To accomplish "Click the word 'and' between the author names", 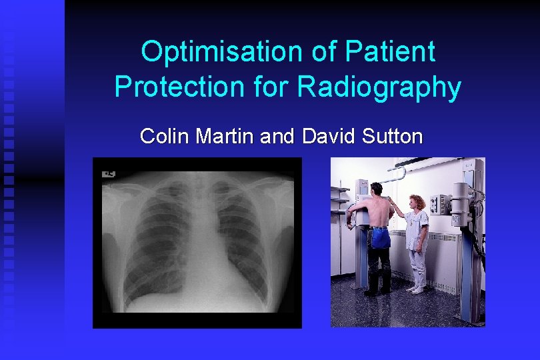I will click(277, 137).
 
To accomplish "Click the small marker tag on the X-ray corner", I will click(109, 174).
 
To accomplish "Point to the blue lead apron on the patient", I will click(380, 237).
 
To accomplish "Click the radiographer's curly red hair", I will click(417, 201).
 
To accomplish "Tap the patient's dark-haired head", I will click(377, 189).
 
